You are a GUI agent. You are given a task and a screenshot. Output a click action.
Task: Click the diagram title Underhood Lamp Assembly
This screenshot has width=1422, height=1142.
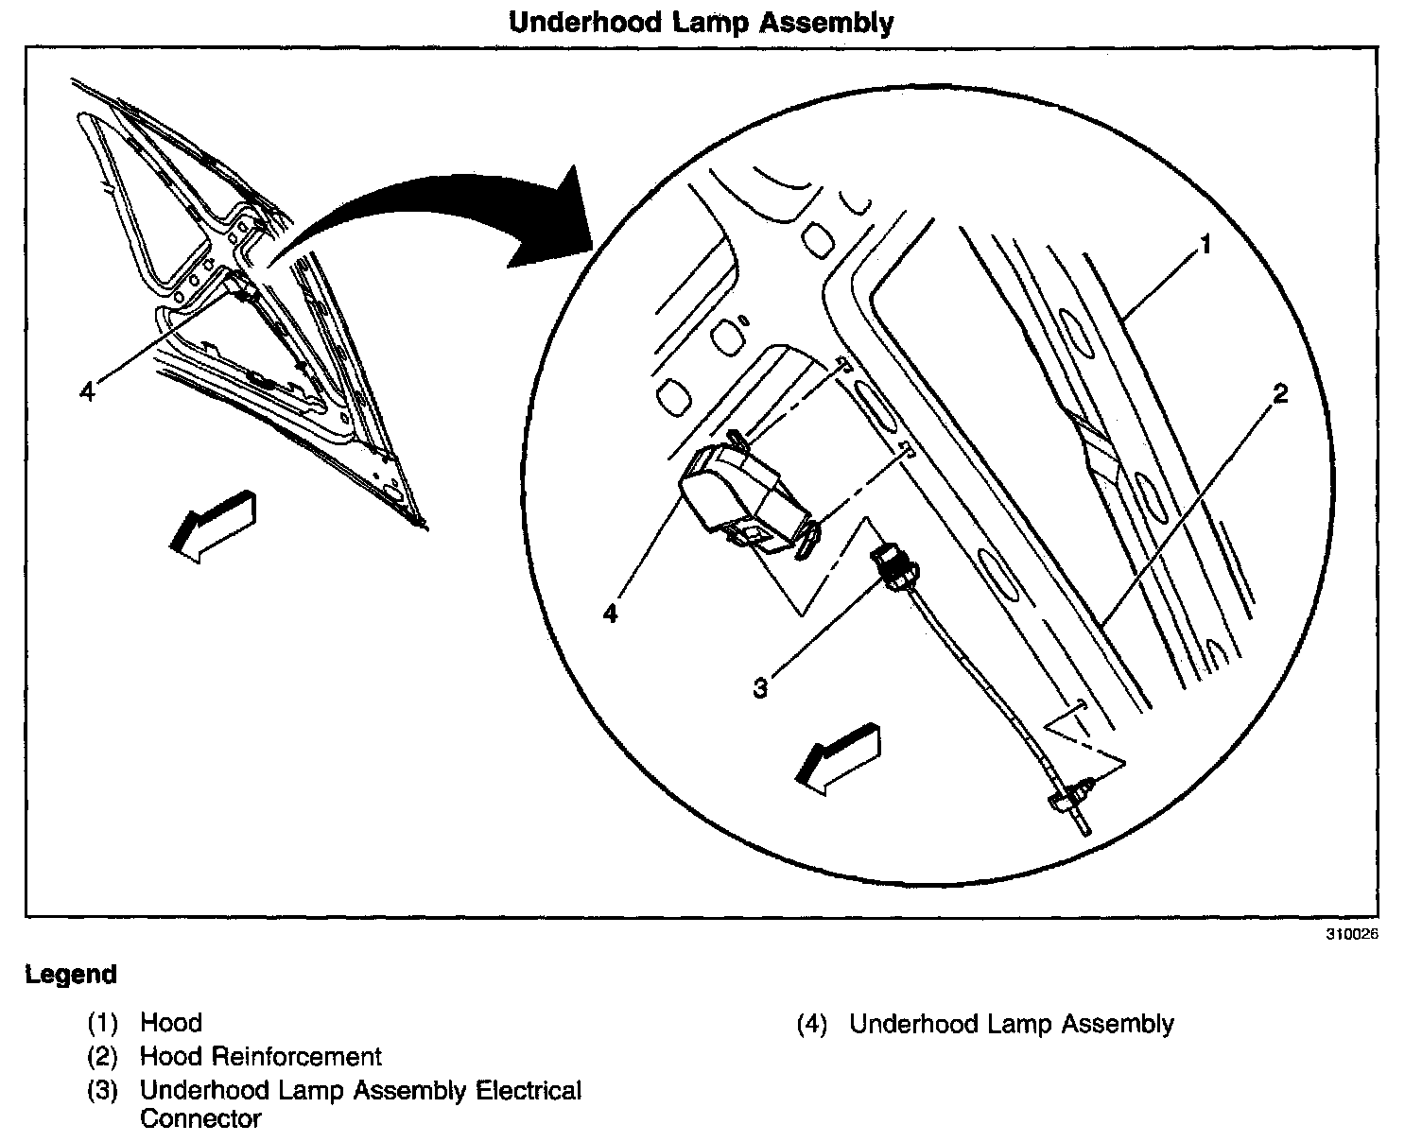pos(701,22)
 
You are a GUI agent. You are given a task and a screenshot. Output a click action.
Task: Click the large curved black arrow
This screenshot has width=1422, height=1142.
pos(444,213)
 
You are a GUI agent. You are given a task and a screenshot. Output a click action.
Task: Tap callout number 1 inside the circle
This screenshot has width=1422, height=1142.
pos(1205,246)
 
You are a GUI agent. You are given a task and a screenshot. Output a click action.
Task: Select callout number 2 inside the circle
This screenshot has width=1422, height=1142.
pos(1279,394)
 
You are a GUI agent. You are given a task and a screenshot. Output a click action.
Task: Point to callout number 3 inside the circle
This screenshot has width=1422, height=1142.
pos(760,687)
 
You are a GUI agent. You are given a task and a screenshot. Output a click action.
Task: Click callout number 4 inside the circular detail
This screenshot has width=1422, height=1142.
pos(611,614)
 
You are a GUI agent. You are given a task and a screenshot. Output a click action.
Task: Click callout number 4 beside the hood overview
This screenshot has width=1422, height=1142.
pos(88,391)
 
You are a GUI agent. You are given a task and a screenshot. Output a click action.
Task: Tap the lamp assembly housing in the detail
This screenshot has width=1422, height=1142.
pos(733,496)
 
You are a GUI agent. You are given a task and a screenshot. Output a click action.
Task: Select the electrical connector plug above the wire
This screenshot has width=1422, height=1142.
pos(893,564)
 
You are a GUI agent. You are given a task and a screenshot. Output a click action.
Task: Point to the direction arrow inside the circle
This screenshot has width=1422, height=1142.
pos(839,753)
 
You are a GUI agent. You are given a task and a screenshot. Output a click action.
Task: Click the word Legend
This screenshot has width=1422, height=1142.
pos(71,975)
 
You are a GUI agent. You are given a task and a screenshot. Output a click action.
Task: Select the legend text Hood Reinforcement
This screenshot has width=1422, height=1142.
pos(261,1057)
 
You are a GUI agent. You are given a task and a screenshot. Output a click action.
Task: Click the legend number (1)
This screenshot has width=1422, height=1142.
pos(102,1023)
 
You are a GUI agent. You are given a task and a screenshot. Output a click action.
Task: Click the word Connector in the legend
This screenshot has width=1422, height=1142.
pos(200,1120)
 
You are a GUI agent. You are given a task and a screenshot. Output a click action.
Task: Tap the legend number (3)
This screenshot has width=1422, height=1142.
pos(102,1091)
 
